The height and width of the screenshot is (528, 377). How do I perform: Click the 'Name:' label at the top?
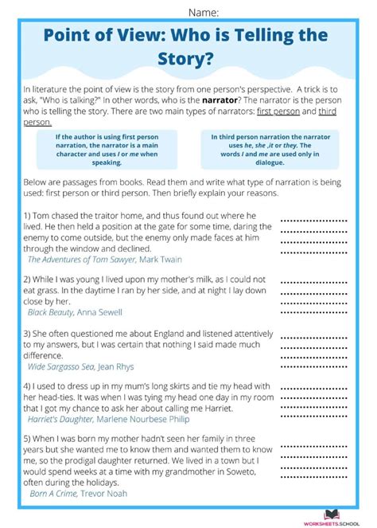pos(204,11)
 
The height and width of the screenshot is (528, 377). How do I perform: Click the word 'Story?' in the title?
pos(188,61)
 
